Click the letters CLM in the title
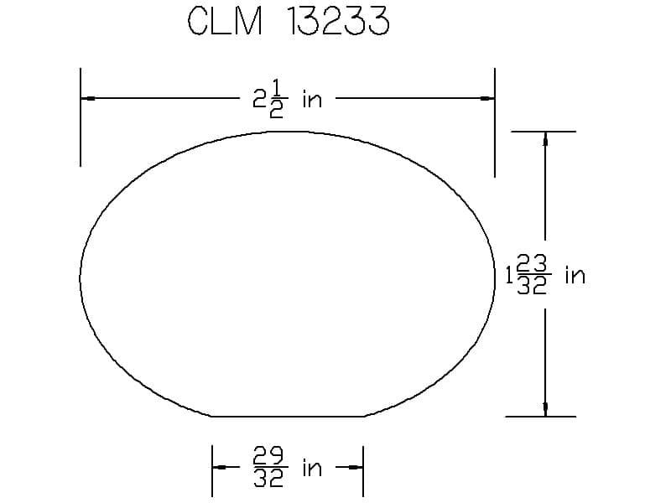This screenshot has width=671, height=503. tap(225, 21)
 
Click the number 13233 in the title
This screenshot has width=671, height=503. tap(338, 21)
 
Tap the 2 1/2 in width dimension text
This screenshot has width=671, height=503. tap(287, 100)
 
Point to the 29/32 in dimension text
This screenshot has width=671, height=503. tap(287, 467)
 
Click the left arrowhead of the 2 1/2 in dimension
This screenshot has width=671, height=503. tap(88, 98)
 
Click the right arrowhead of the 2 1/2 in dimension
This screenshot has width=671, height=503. tap(487, 98)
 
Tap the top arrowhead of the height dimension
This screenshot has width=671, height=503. tap(545, 139)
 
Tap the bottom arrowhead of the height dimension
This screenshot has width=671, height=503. tap(545, 409)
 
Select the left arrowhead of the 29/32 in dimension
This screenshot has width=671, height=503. tap(220, 467)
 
